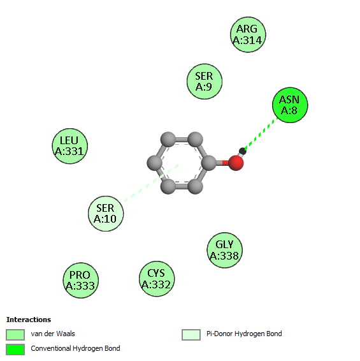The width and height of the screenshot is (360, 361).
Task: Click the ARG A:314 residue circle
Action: coord(248,34)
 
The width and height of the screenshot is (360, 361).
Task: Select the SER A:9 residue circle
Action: coord(205,82)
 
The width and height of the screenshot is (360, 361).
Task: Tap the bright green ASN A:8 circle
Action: coord(290,105)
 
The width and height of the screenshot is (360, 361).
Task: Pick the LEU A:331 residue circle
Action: coord(69,146)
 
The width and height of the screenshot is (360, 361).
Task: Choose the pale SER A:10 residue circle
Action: coord(106,214)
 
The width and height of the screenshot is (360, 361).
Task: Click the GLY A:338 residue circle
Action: coord(224,250)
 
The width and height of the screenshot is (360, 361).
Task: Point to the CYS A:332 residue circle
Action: coord(157,279)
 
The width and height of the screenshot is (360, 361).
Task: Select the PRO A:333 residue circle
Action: coord(81,280)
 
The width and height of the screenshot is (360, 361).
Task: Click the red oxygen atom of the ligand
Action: coord(236,163)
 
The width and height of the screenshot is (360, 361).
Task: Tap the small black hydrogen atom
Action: coord(243,151)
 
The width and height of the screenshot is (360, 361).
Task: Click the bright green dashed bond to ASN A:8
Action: coord(261,134)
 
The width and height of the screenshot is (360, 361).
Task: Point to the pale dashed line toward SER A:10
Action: coord(152,183)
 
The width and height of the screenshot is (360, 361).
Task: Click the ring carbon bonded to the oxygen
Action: coord(209,163)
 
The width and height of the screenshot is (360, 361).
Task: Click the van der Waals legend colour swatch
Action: coord(15,334)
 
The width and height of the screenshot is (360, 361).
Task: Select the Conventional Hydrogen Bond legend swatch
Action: coord(15,350)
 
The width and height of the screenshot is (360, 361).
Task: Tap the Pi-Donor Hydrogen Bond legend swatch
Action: coord(191,334)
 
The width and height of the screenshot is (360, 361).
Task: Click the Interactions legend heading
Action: coord(29,320)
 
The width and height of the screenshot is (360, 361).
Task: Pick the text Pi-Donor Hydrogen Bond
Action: coord(244,334)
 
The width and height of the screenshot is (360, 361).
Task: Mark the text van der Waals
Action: coord(53,334)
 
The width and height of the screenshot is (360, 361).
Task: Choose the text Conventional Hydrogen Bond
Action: coord(75,349)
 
